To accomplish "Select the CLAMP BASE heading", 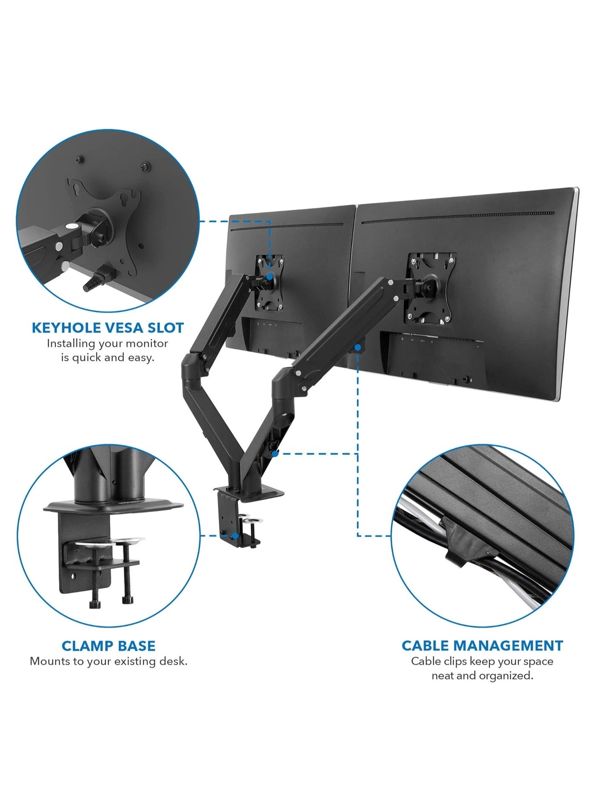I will [x=109, y=646].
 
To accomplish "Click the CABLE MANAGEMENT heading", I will [x=482, y=646].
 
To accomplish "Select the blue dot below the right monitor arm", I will [x=358, y=348].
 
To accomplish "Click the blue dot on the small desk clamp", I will [x=235, y=536].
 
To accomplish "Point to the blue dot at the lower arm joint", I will [x=275, y=454].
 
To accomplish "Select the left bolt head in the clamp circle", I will [x=95, y=604].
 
